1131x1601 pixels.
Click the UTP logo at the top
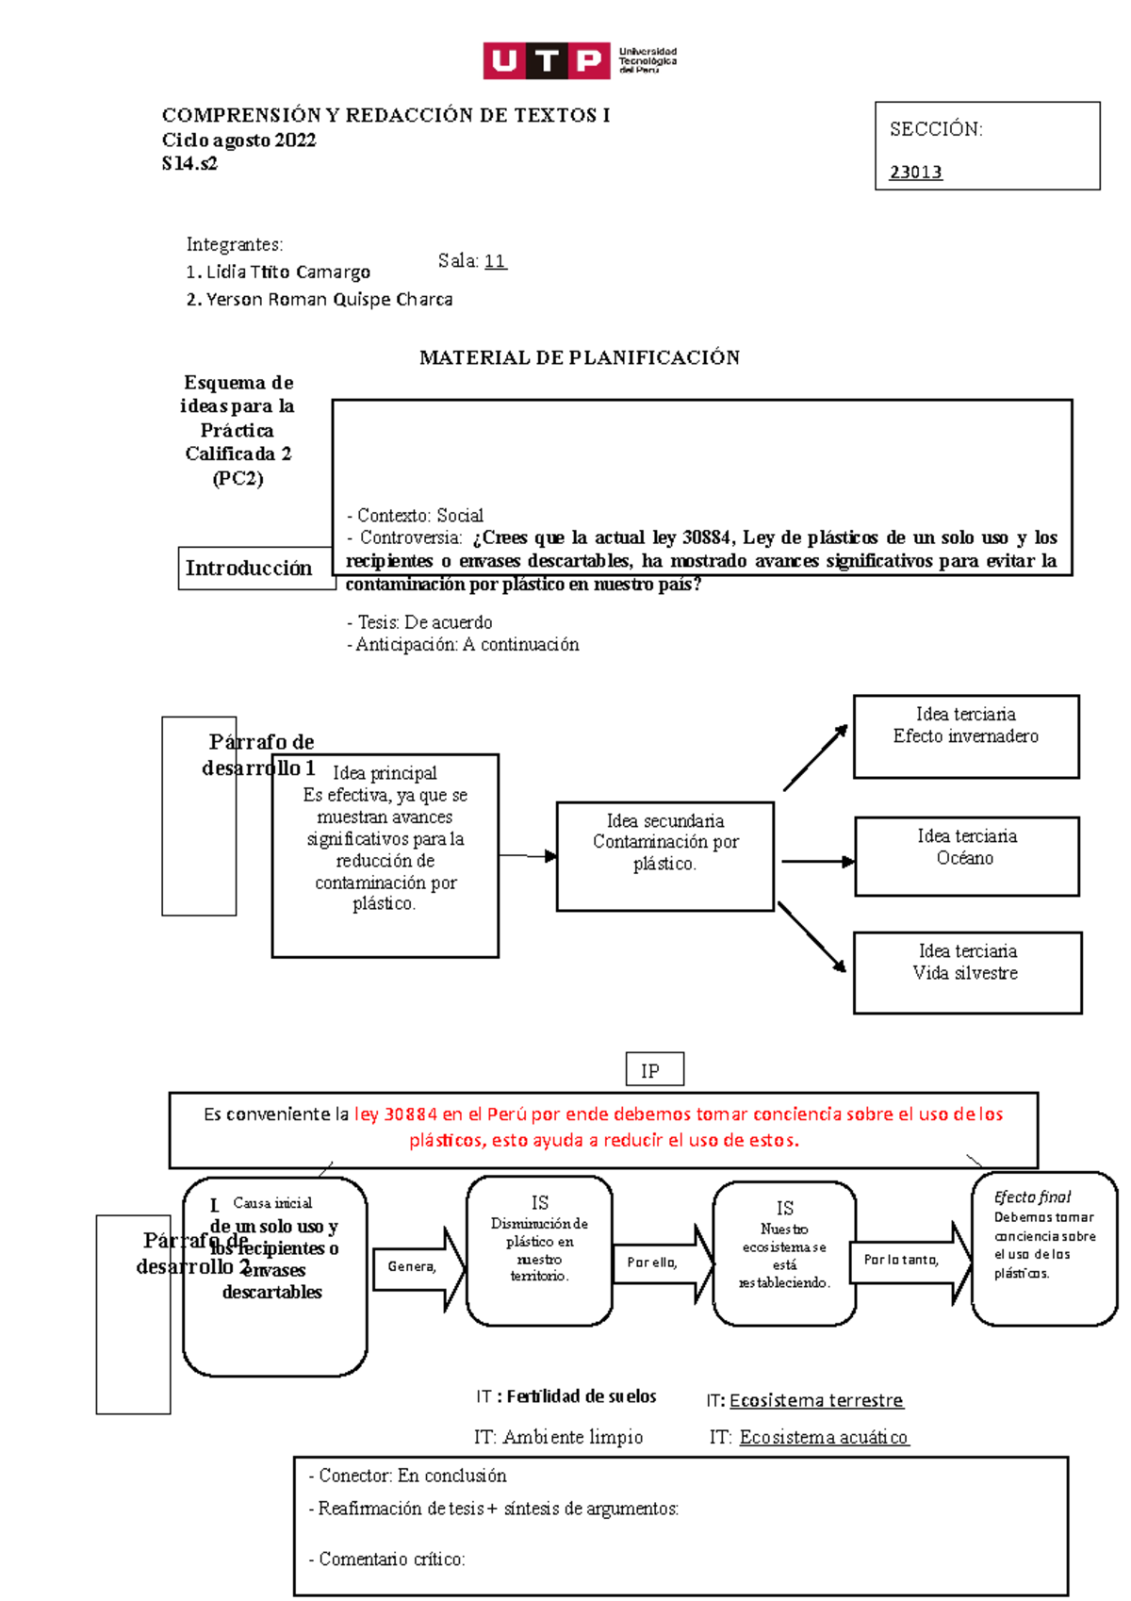tap(579, 60)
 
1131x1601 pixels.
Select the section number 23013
tap(915, 172)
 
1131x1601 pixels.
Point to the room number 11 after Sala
tap(495, 261)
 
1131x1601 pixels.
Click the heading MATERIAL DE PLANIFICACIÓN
tap(579, 357)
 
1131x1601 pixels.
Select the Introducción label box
tap(249, 568)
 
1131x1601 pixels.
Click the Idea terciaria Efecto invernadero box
tap(965, 735)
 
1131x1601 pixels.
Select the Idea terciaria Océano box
tap(966, 855)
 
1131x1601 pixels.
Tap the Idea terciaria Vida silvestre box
tap(966, 971)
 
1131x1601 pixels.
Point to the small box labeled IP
tap(654, 1070)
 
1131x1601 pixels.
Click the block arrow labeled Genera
tap(417, 1267)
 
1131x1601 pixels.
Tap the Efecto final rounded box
tap(1043, 1247)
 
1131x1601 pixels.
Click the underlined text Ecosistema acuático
tap(824, 1437)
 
